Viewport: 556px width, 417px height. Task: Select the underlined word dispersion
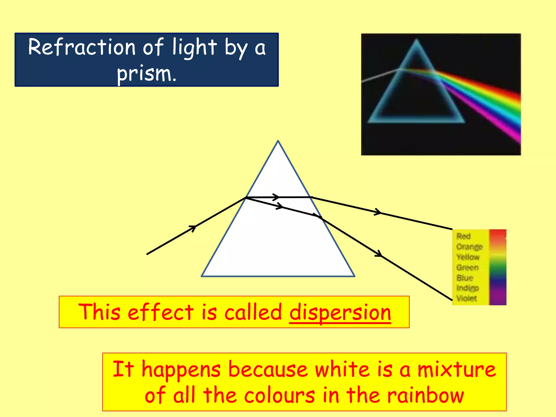click(x=340, y=312)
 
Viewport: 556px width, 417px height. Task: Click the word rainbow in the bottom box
click(x=425, y=395)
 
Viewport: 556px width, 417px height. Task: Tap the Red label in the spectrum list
click(x=463, y=236)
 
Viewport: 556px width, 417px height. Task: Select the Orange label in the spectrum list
click(x=469, y=247)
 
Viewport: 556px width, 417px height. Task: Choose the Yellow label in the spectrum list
click(x=468, y=257)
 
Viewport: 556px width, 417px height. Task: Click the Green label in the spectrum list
click(x=467, y=267)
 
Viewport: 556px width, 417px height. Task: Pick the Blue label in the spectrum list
click(x=465, y=278)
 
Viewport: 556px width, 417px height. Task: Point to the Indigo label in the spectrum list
click(x=467, y=288)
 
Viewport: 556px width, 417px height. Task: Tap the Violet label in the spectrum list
click(x=466, y=298)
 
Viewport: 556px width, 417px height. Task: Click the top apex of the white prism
click(x=278, y=141)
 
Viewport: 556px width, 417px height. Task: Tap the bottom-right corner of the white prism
click(x=354, y=276)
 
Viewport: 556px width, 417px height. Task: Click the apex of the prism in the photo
click(x=416, y=40)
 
